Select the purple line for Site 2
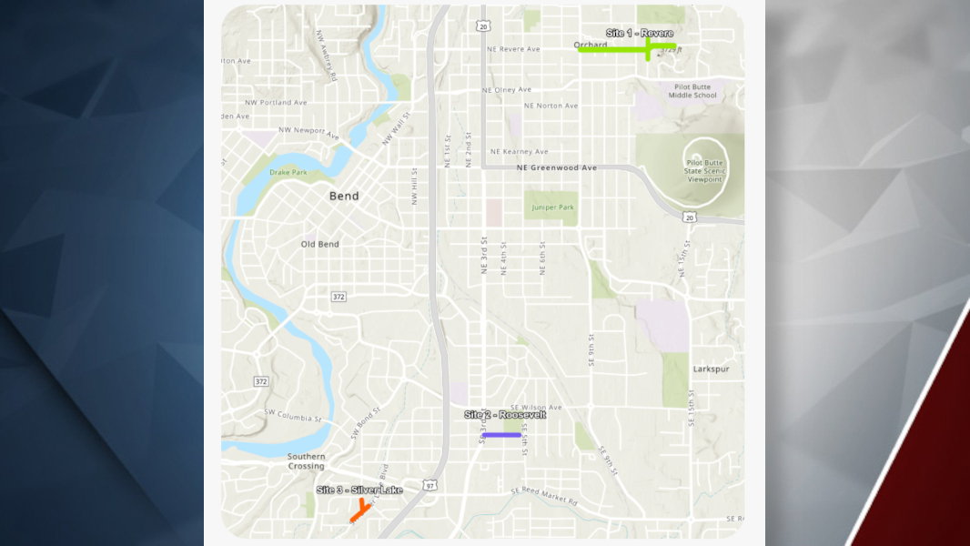[x=501, y=435]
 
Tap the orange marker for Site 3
[x=361, y=511]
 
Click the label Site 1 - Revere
[x=640, y=33]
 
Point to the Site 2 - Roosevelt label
[x=505, y=414]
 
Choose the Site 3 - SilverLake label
[x=359, y=490]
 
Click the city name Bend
[x=344, y=196]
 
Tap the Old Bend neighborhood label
[x=320, y=244]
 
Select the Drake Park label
[x=288, y=172]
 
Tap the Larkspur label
[x=712, y=369]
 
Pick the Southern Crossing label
[x=306, y=461]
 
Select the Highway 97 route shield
[x=430, y=485]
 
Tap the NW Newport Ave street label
[x=308, y=131]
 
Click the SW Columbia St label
[x=293, y=415]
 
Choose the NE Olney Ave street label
[x=506, y=90]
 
